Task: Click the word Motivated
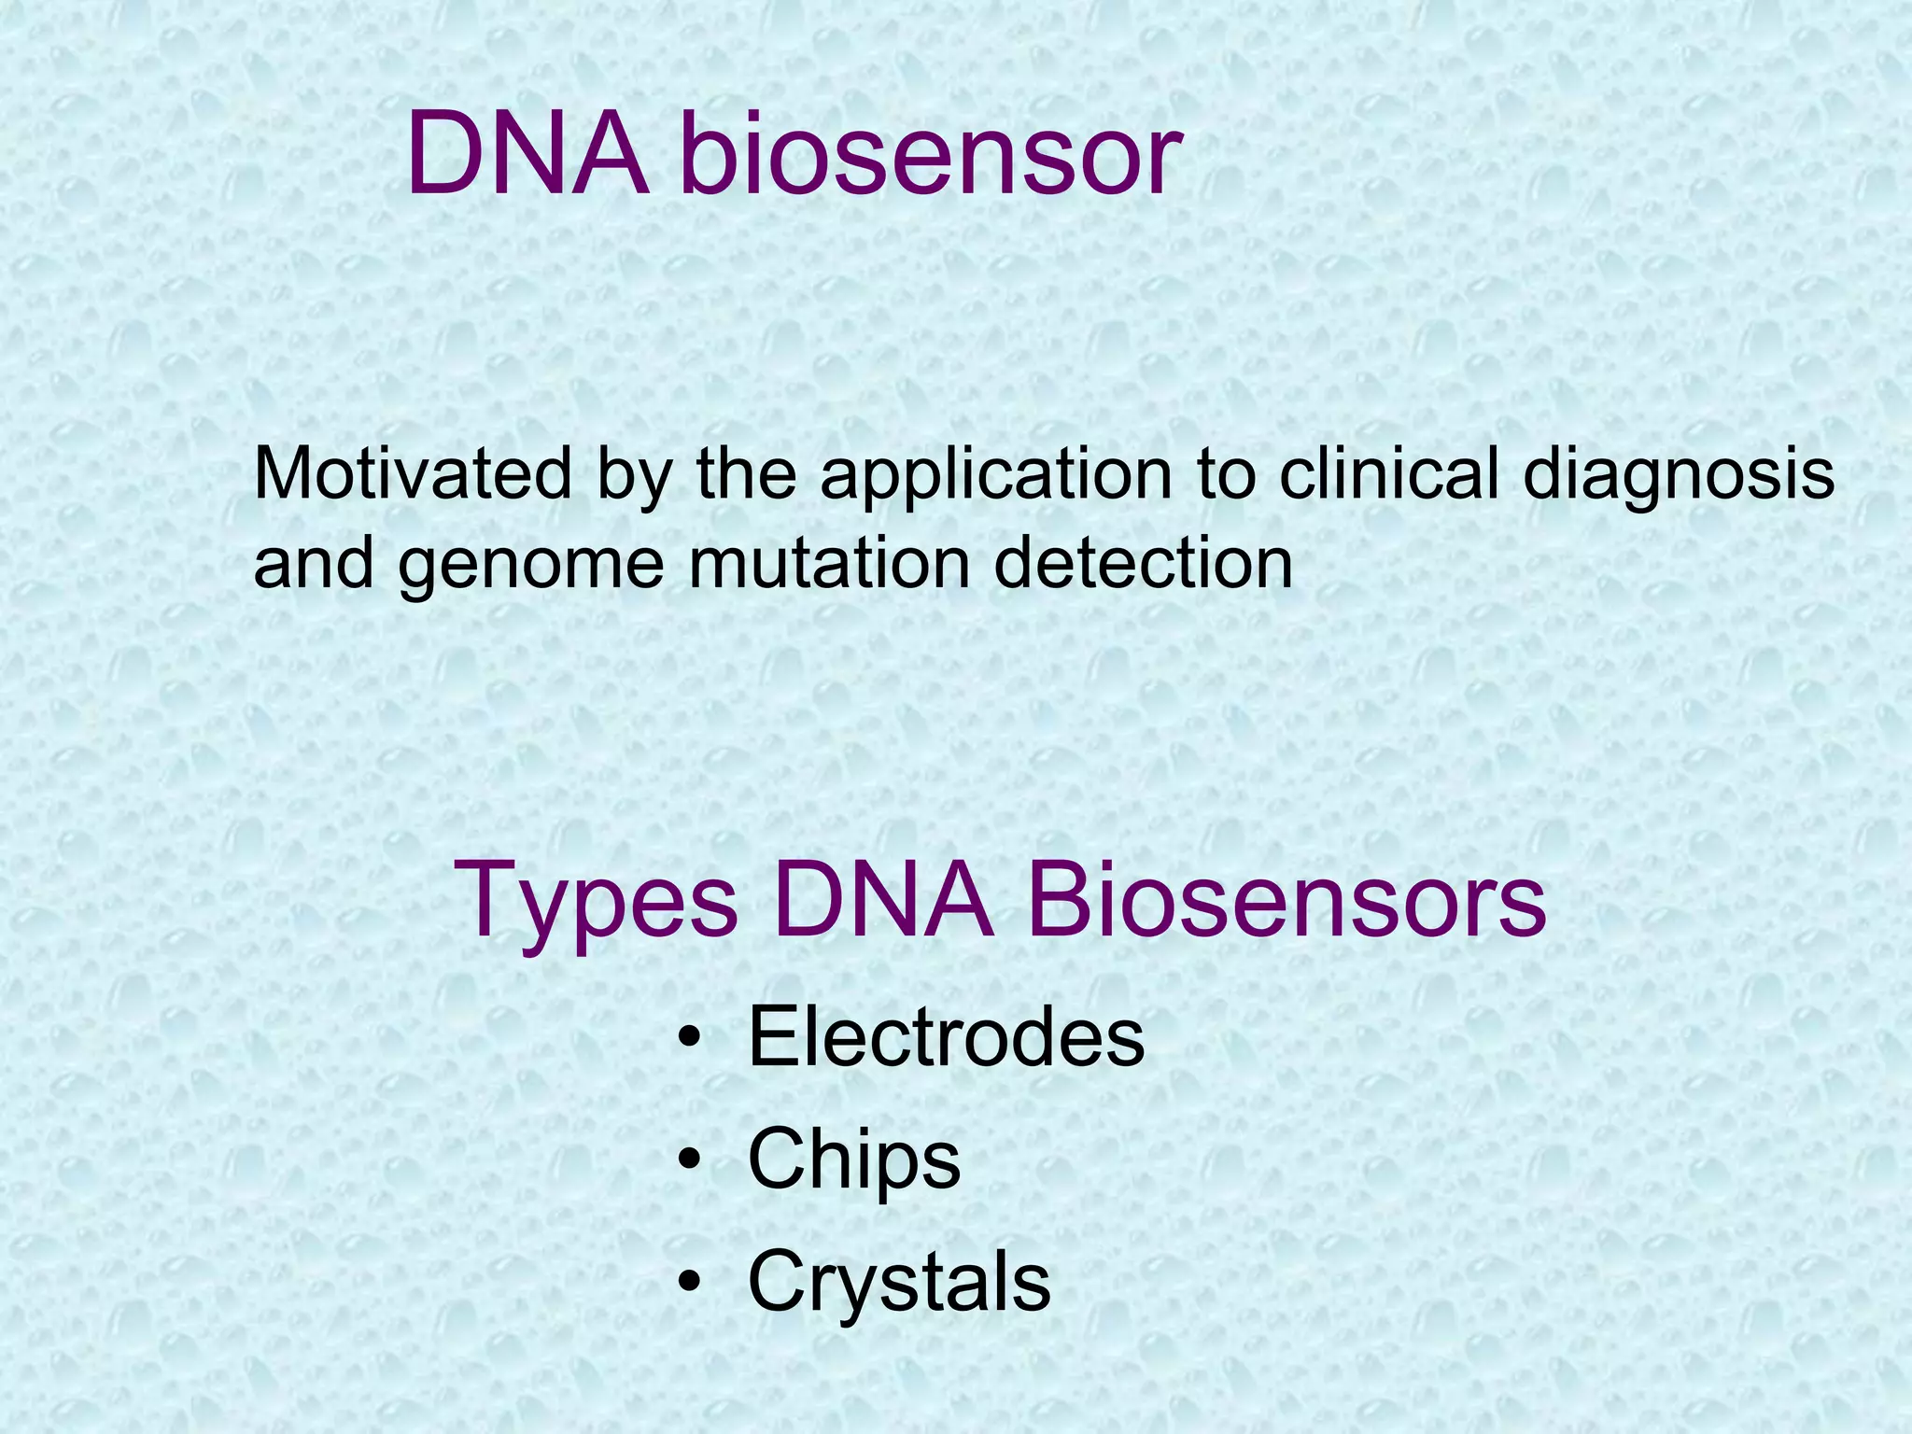412,474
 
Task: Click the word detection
1143,564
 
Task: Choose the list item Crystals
898,1283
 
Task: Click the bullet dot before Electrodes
690,1039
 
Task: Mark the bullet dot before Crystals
690,1281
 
